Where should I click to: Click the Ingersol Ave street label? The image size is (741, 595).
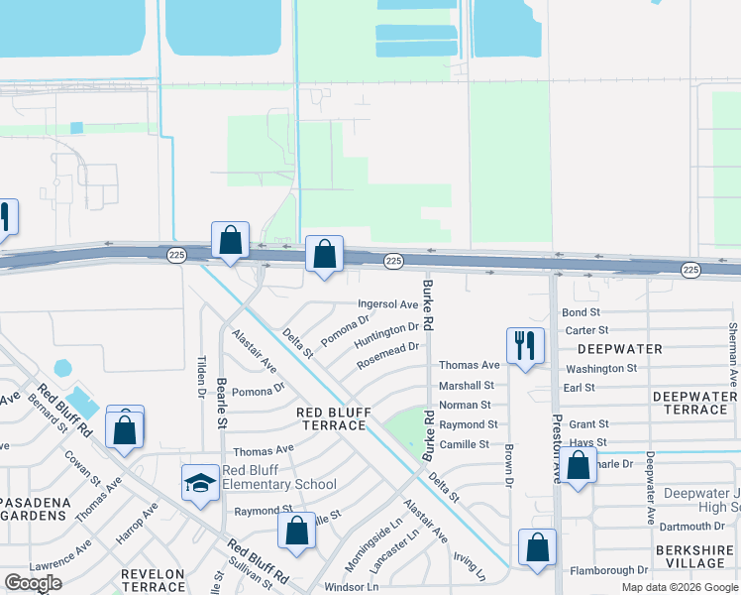(388, 304)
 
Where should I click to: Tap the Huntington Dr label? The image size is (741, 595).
(387, 328)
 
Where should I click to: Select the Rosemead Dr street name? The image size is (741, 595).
(389, 349)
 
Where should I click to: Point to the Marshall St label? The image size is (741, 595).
(466, 386)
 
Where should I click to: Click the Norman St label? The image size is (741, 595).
(465, 405)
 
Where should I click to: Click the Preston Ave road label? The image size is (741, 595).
(557, 448)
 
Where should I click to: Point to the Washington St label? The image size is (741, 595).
(600, 368)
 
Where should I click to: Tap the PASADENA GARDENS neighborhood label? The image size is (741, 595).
(36, 510)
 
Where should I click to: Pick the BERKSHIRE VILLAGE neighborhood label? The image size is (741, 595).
(689, 556)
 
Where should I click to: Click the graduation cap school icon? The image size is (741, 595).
(199, 483)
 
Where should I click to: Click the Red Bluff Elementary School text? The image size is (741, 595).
(278, 477)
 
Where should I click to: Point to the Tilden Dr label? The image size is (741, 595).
(201, 378)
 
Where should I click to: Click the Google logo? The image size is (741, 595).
(33, 583)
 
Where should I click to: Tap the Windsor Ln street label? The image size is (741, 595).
(352, 587)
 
